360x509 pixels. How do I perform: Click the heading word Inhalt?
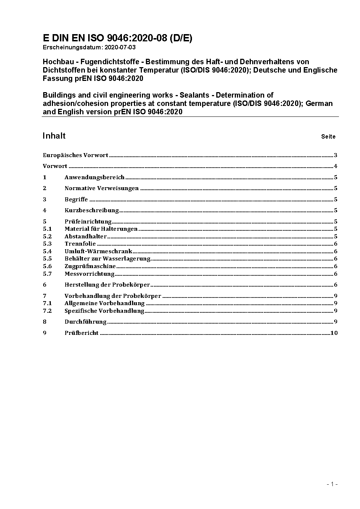click(54, 136)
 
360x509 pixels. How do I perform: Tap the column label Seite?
click(328, 137)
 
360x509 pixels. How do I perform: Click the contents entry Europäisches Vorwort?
click(75, 155)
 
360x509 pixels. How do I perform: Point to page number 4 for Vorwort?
click(336, 167)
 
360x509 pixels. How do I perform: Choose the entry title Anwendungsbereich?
click(94, 177)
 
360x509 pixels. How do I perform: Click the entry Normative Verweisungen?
click(102, 188)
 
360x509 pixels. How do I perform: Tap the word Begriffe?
click(76, 200)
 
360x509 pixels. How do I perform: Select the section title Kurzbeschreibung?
click(92, 210)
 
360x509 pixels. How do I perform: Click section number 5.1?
click(47, 229)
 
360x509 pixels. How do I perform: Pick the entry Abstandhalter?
click(86, 237)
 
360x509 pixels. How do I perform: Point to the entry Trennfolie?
click(80, 244)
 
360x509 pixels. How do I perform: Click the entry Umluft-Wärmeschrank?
click(98, 251)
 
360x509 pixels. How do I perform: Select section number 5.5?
click(47, 259)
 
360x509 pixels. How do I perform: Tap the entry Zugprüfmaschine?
click(90, 266)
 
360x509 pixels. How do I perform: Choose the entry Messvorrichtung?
click(90, 274)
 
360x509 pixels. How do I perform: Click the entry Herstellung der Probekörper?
click(107, 285)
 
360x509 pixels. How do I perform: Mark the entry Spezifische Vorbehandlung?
click(105, 311)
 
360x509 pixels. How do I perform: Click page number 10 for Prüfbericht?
click(334, 333)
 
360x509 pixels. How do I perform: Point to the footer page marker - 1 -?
click(332, 484)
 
